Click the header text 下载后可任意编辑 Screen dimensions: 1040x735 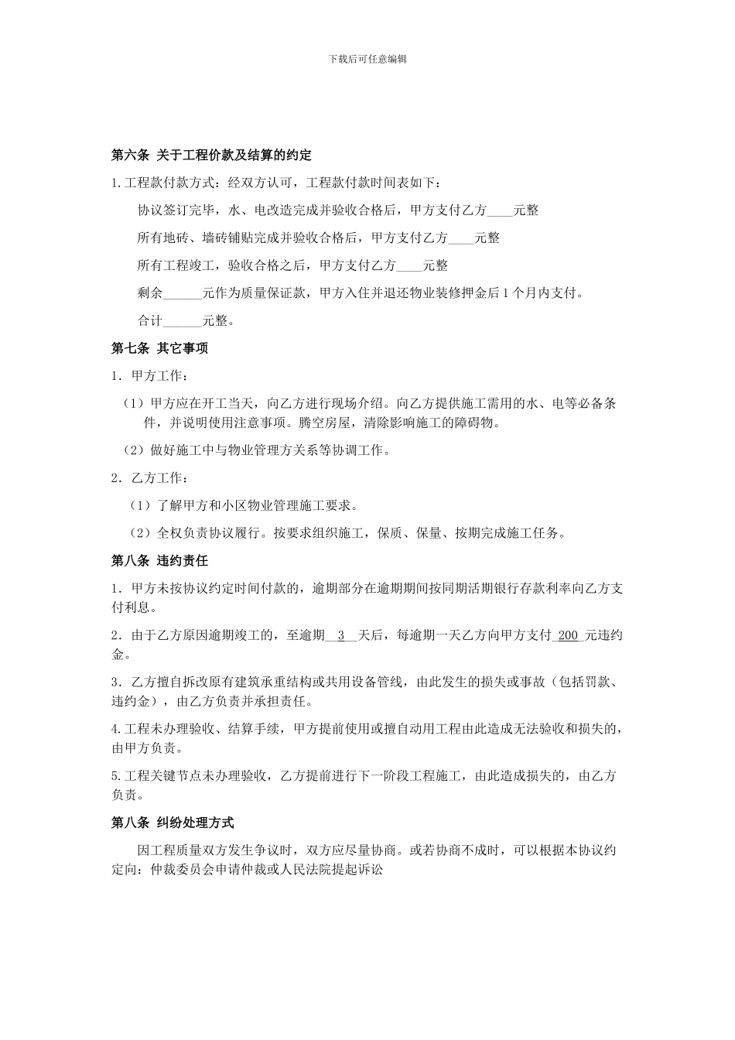[x=367, y=59]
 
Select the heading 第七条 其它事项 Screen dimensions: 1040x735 [x=160, y=348]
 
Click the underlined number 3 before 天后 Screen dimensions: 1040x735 [x=341, y=636]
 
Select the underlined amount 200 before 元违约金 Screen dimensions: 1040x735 [x=568, y=636]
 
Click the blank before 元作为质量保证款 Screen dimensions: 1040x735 [x=183, y=293]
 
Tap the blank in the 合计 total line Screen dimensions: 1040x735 [x=183, y=320]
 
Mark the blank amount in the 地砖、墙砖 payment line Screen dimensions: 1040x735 [x=461, y=238]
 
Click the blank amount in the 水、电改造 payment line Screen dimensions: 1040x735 [x=500, y=210]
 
